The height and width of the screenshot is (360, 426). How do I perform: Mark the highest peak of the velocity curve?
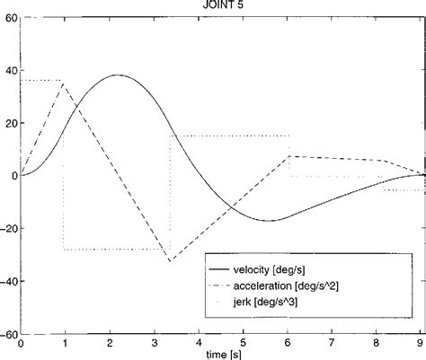118,75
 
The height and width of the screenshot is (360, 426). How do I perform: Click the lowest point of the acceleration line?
170,261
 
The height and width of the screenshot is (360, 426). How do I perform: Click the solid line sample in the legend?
226,268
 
